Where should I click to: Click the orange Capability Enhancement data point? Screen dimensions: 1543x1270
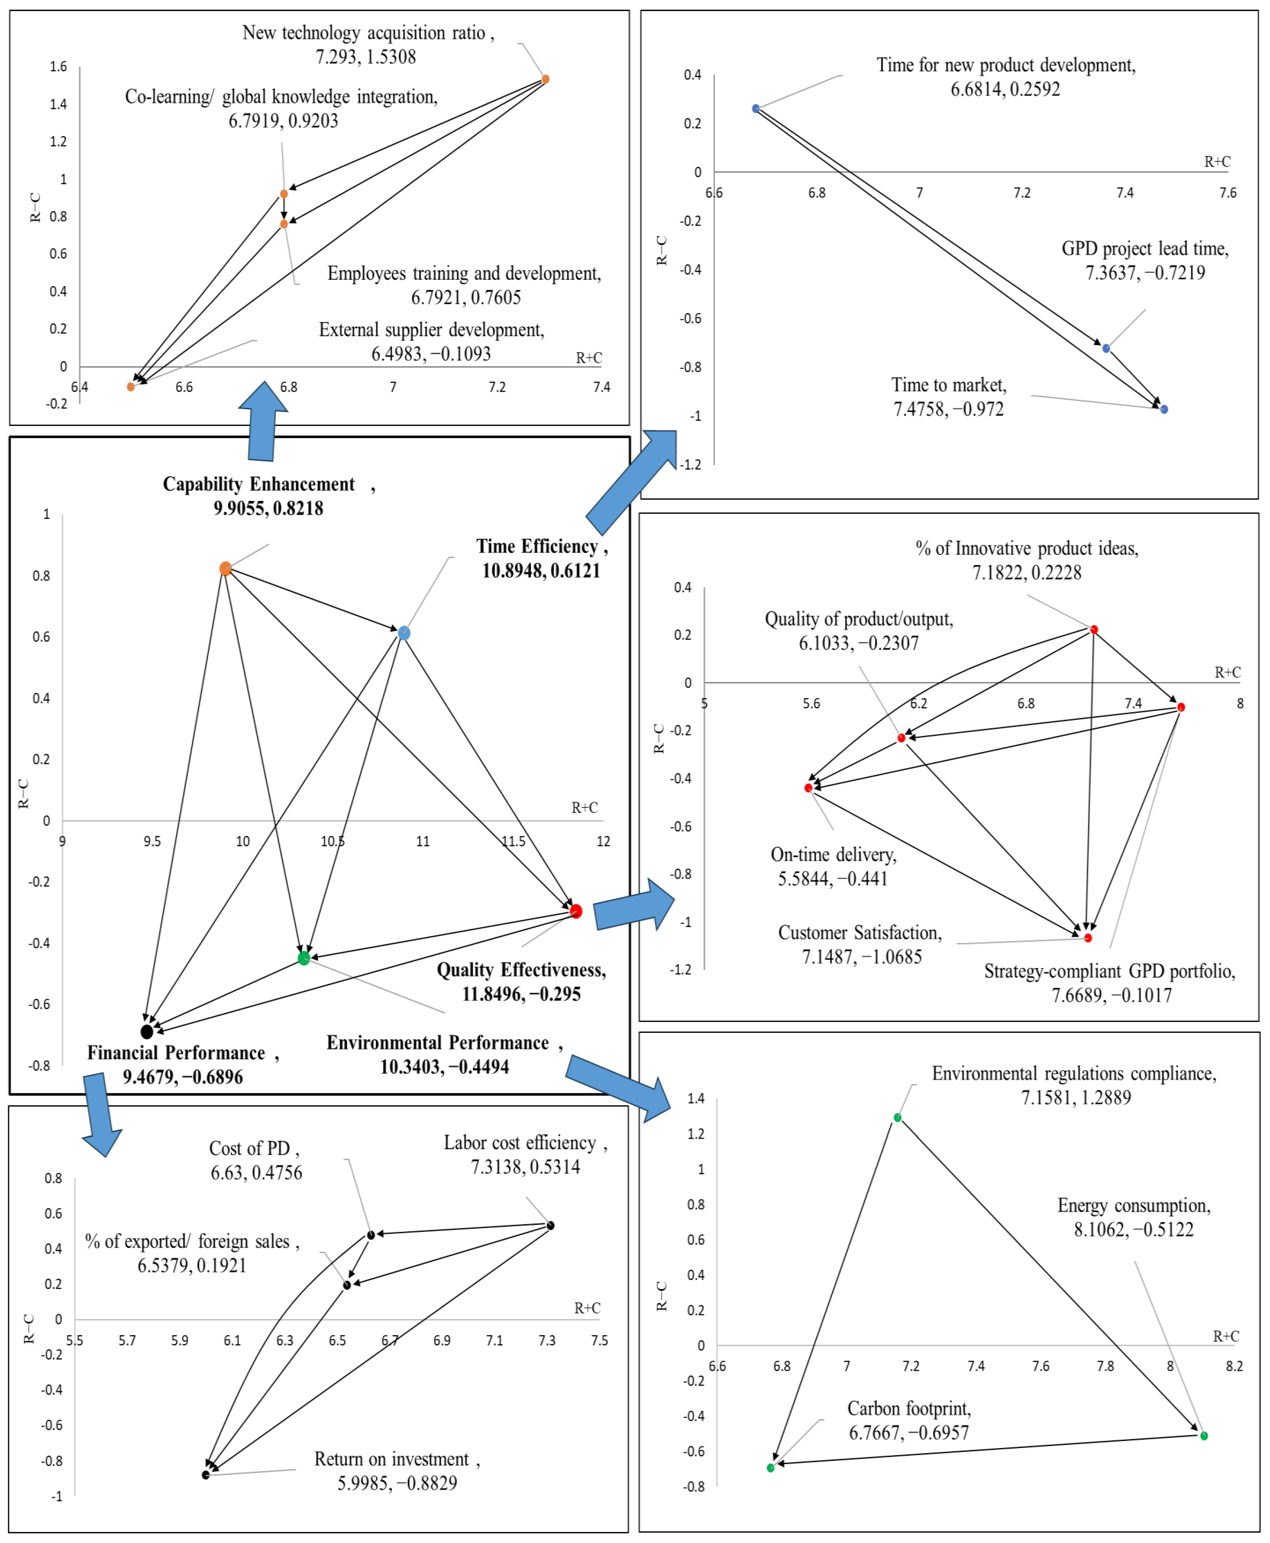pyautogui.click(x=225, y=568)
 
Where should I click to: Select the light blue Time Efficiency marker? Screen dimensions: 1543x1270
pyautogui.click(x=404, y=633)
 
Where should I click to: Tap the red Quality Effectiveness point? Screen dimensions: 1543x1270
pyautogui.click(x=576, y=910)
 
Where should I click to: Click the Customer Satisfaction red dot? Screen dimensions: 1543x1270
pyautogui.click(x=1088, y=938)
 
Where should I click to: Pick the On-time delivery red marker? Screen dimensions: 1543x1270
pyautogui.click(x=808, y=787)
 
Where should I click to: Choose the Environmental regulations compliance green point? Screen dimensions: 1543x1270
pyautogui.click(x=898, y=1117)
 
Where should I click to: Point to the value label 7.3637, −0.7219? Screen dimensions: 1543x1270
pyautogui.click(x=1145, y=273)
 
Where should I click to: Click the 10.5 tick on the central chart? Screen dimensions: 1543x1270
pyautogui.click(x=333, y=841)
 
